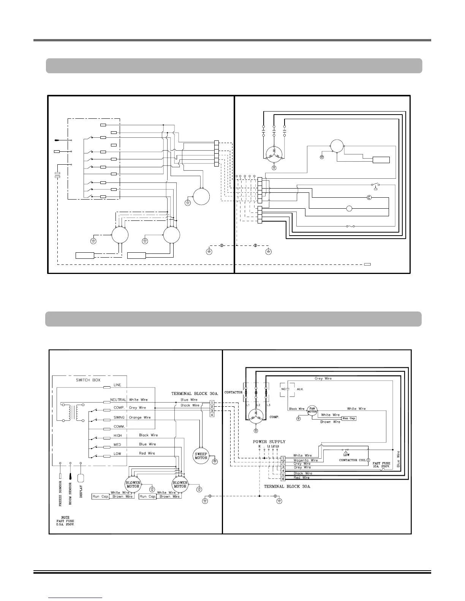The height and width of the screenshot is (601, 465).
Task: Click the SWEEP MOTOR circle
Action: [201, 456]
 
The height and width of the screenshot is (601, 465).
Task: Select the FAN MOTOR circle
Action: [312, 411]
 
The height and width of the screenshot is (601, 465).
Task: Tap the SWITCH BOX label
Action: [88, 380]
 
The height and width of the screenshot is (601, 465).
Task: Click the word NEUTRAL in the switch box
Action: [118, 400]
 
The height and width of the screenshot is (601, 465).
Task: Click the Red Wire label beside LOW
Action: [147, 453]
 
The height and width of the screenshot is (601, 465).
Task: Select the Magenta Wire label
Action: [305, 460]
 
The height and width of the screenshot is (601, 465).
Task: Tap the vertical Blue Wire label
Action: [398, 459]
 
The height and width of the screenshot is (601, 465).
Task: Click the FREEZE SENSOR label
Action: [60, 493]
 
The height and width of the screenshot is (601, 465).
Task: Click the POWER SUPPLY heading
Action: [269, 442]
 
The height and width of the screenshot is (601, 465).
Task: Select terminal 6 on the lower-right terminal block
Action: [283, 479]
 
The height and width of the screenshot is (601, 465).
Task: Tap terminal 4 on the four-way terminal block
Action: [212, 415]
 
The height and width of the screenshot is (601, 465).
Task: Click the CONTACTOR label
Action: [233, 392]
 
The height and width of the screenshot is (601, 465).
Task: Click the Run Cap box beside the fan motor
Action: [349, 418]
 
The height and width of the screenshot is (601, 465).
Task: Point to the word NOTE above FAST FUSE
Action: [65, 517]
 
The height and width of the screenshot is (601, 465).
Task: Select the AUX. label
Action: [300, 389]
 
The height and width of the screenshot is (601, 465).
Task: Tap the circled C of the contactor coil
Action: [368, 460]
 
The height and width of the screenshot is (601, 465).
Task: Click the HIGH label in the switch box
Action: [117, 436]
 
